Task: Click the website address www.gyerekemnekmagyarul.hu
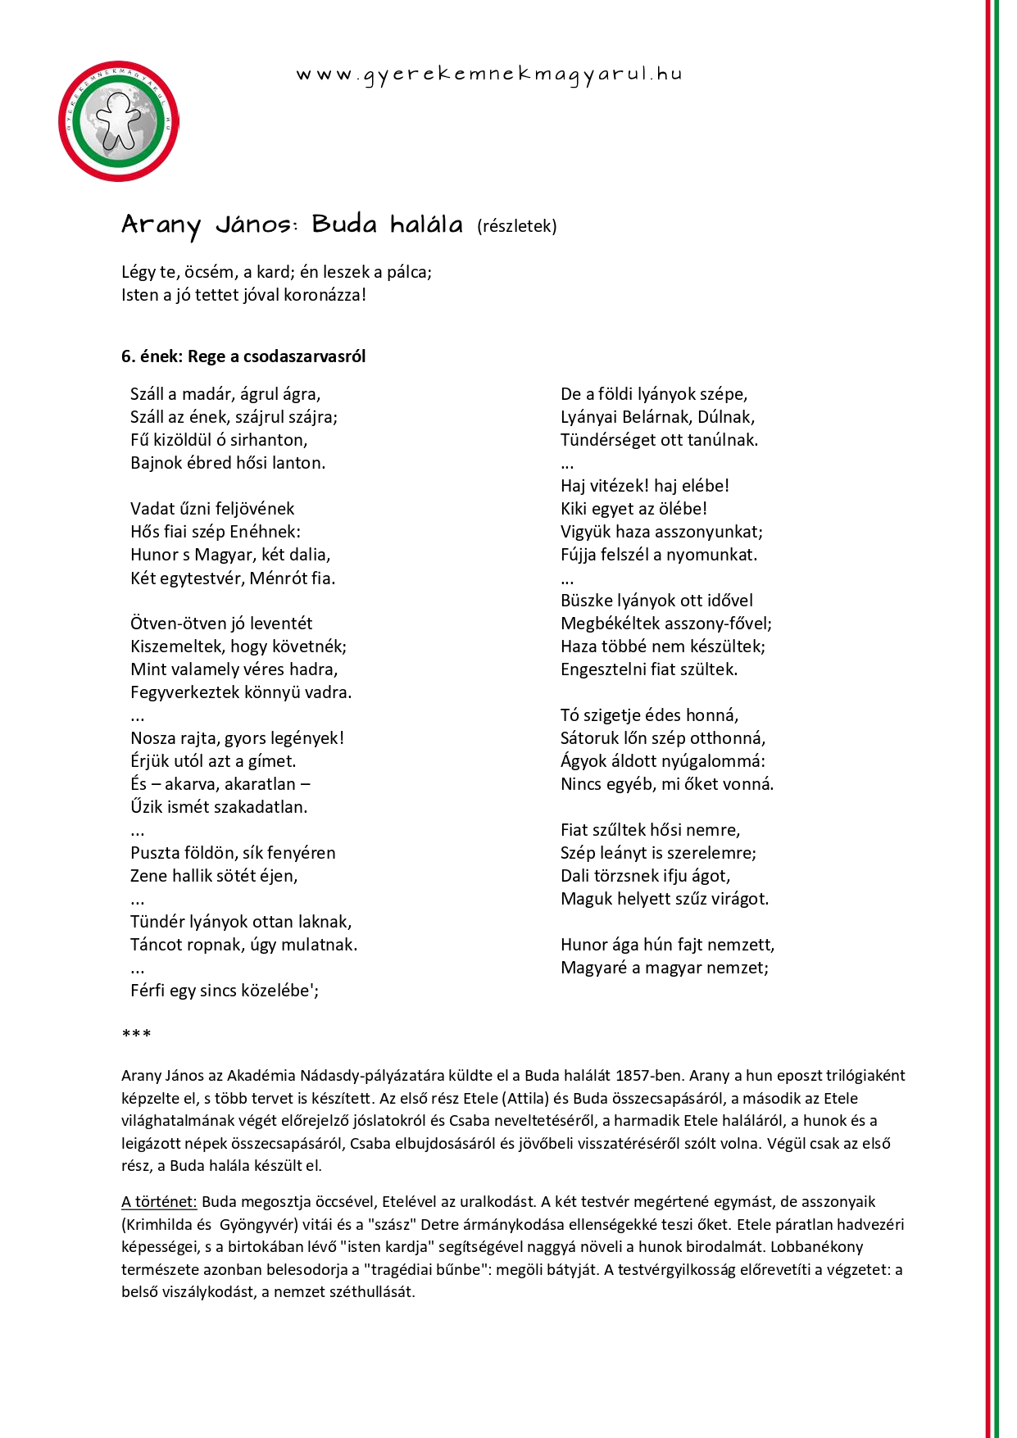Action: [488, 75]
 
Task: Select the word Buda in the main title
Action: [344, 225]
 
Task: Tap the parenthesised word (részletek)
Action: [517, 226]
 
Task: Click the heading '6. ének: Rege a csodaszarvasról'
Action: [243, 356]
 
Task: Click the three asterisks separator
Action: [136, 1035]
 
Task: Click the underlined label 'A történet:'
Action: [159, 1202]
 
